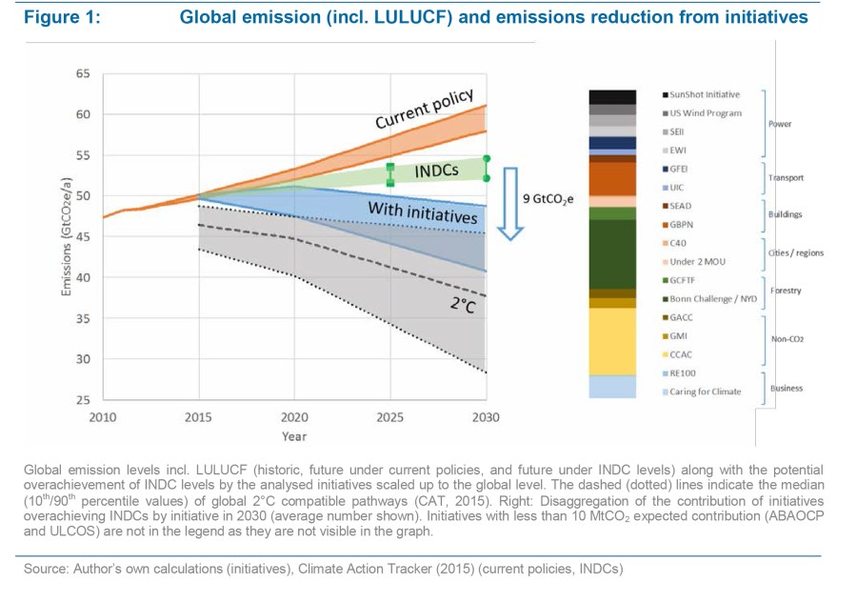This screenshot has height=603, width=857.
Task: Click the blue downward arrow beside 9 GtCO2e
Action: [x=510, y=203]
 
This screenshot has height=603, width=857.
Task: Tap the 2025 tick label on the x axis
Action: [x=389, y=417]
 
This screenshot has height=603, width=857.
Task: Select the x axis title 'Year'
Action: [x=294, y=436]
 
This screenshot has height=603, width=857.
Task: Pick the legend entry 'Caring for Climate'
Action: [x=705, y=392]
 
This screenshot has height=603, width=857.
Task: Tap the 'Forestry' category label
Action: [x=787, y=291]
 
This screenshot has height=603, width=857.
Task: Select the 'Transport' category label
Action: [x=787, y=177]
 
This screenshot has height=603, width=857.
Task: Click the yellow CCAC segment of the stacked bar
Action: [x=612, y=340]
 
